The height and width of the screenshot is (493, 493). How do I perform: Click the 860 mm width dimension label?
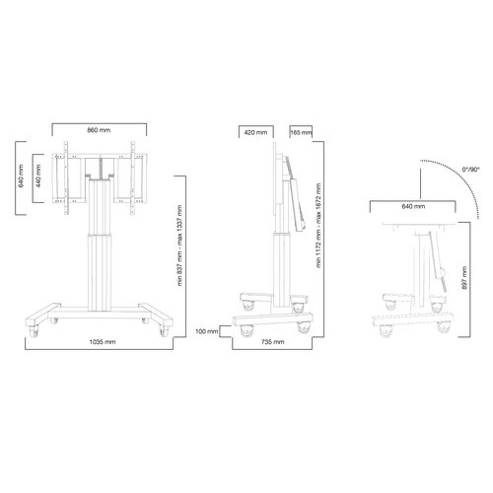click(99, 130)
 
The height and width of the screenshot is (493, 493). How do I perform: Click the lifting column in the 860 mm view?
click(98, 246)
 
